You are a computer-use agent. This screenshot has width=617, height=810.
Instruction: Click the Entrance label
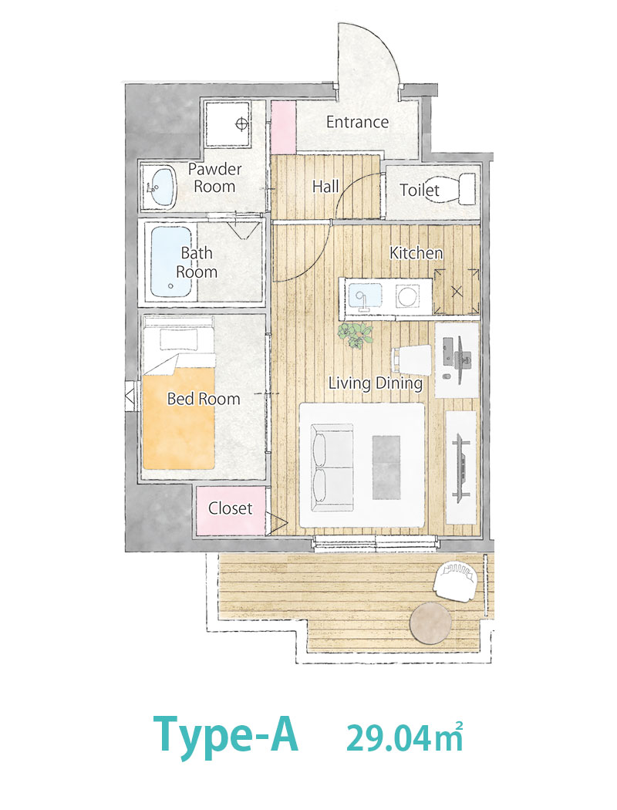tap(357, 122)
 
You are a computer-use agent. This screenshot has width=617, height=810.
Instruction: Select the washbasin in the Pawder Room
tap(160, 187)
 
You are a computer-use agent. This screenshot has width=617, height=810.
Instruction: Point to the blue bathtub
tap(171, 262)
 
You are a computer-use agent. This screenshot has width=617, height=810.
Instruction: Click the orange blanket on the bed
tap(179, 417)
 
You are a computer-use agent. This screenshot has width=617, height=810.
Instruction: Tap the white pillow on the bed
tap(179, 339)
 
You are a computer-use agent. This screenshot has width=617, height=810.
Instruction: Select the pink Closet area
tap(231, 511)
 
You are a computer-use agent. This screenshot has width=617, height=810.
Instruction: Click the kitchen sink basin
tap(365, 297)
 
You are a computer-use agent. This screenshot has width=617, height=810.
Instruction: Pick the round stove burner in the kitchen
tap(408, 296)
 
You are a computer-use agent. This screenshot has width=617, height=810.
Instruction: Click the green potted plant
tap(356, 335)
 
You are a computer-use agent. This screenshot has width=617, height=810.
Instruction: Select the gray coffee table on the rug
tap(386, 467)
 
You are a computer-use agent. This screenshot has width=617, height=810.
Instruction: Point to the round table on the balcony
tap(430, 623)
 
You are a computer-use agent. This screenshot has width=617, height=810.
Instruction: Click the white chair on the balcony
tap(455, 580)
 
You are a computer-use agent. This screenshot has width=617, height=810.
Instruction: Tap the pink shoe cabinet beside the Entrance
tap(283, 127)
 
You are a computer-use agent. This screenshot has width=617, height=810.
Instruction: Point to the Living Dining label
tap(376, 383)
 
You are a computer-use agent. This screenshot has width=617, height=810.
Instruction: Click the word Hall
tap(325, 187)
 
